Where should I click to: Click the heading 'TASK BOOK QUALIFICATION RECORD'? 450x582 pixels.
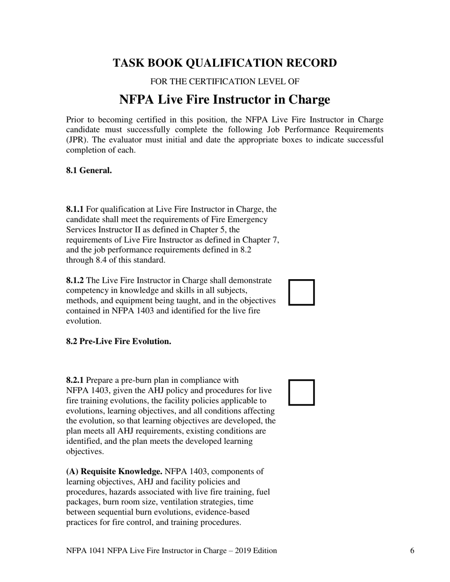click(x=225, y=63)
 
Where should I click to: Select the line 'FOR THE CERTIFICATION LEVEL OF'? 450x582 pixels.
click(x=225, y=81)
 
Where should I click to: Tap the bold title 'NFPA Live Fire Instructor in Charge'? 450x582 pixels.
click(x=225, y=100)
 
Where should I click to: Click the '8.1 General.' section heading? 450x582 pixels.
click(x=89, y=170)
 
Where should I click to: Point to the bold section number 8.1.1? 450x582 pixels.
click(x=75, y=209)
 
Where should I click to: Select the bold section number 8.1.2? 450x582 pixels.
click(x=75, y=280)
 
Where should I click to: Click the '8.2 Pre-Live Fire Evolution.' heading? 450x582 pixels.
click(x=118, y=341)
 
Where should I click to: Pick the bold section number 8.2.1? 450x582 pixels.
click(x=75, y=380)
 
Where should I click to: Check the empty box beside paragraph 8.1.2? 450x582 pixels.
click(x=302, y=292)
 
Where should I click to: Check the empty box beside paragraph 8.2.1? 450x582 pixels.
click(x=302, y=392)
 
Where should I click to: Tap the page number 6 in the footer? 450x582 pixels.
click(x=412, y=550)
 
